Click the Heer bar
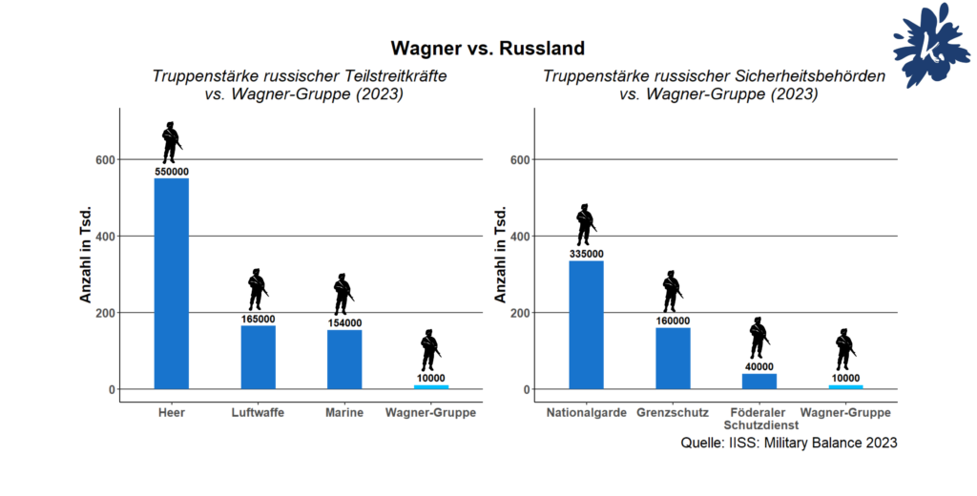(x=172, y=283)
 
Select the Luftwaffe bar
(x=258, y=357)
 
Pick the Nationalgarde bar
(x=586, y=324)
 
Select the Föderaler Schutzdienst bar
(x=759, y=381)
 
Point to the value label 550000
(x=172, y=172)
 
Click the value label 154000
(x=344, y=323)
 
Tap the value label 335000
(x=586, y=254)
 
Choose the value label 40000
(x=759, y=366)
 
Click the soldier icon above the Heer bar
(x=172, y=143)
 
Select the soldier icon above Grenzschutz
(x=673, y=291)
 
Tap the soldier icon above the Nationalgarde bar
(x=586, y=225)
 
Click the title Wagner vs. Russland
(x=488, y=48)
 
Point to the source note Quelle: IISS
(x=789, y=443)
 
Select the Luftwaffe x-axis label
(x=258, y=413)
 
